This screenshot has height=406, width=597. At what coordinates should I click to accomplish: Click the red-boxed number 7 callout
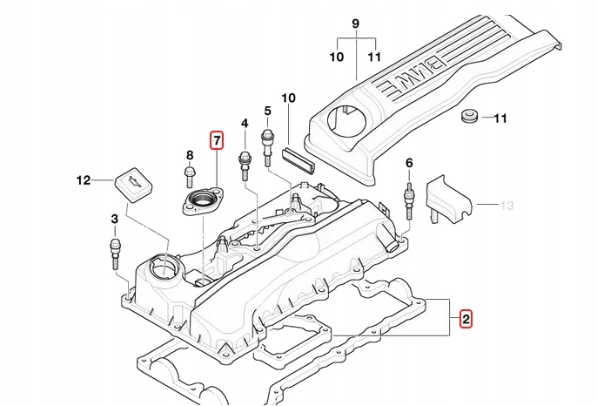[x=216, y=139]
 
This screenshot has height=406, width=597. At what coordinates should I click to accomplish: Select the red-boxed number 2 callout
[x=466, y=319]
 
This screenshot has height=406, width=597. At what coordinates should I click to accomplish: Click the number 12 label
[x=83, y=181]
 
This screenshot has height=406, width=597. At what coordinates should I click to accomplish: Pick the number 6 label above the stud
[x=409, y=163]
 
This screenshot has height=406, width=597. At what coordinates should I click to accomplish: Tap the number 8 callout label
[x=189, y=155]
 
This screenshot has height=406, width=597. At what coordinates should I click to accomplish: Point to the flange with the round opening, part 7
[x=205, y=203]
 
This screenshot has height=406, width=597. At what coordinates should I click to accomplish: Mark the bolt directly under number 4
[x=245, y=166]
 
